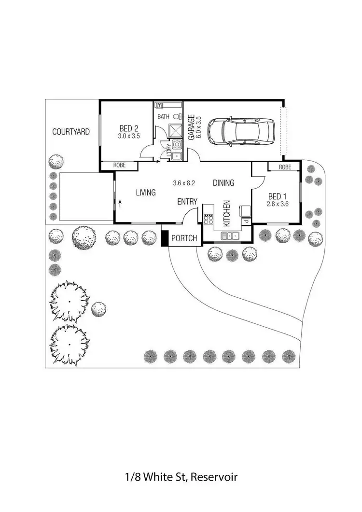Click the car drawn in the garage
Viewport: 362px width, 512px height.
[239, 131]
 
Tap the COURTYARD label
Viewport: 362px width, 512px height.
[71, 131]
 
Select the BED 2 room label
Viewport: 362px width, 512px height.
[129, 128]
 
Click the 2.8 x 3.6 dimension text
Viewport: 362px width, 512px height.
[277, 204]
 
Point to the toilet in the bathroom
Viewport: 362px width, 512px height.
[178, 116]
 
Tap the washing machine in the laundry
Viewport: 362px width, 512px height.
[177, 144]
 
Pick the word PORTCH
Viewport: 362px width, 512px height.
[184, 238]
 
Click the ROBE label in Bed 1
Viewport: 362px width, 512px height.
[285, 167]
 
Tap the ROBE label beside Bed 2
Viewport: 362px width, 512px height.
[119, 166]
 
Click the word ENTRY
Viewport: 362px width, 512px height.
[187, 202]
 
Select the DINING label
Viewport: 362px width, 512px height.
[223, 183]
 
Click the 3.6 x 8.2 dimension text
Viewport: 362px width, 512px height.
[184, 183]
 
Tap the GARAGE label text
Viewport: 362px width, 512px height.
[191, 127]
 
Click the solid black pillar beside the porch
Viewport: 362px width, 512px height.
[165, 239]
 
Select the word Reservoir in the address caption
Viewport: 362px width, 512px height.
[214, 477]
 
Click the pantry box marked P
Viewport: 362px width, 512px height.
[245, 221]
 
